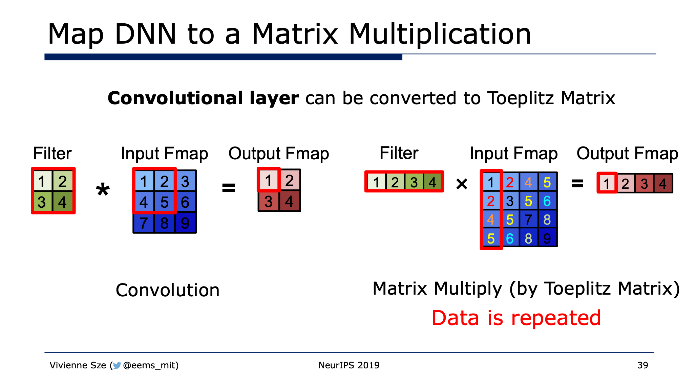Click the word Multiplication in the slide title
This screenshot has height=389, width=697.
(440, 34)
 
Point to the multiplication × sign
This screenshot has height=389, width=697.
(462, 184)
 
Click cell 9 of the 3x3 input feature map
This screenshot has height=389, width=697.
(185, 223)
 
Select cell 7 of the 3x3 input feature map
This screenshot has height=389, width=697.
(144, 223)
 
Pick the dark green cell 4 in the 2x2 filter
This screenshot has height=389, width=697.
(63, 202)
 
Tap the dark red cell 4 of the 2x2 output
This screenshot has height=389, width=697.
(290, 201)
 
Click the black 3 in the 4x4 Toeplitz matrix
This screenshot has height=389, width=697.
(510, 201)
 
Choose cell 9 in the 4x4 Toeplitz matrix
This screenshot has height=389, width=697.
(547, 238)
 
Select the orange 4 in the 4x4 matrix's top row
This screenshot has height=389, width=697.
(528, 182)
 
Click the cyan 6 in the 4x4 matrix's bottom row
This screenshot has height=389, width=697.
(510, 238)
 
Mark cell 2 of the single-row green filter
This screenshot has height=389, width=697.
(395, 182)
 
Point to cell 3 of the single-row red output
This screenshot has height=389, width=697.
(644, 184)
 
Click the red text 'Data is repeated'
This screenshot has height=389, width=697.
(516, 318)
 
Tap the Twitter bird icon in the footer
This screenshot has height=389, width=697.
(117, 366)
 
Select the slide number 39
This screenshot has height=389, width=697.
(642, 365)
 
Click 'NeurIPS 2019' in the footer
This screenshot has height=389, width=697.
(349, 365)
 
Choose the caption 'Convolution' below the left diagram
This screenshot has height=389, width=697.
(168, 290)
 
